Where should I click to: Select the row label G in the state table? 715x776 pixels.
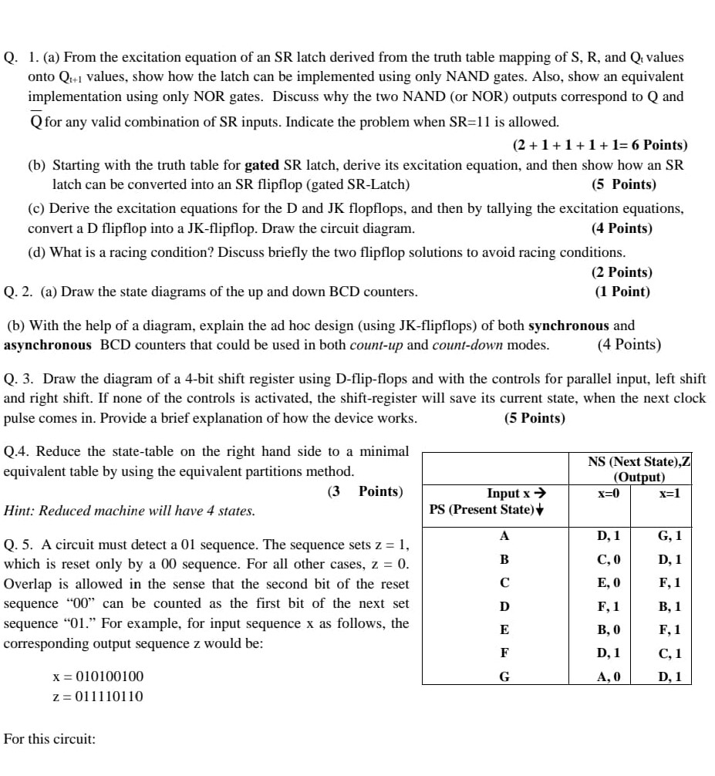(x=504, y=677)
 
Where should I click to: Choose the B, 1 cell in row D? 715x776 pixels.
(x=669, y=607)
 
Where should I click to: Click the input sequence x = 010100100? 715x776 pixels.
(x=97, y=676)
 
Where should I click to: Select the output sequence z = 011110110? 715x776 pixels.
(x=97, y=697)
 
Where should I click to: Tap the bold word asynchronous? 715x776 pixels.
(x=48, y=345)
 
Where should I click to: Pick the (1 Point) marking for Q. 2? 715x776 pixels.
(x=622, y=292)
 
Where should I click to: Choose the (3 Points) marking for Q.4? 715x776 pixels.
(x=364, y=491)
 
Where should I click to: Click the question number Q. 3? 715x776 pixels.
(x=20, y=379)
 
